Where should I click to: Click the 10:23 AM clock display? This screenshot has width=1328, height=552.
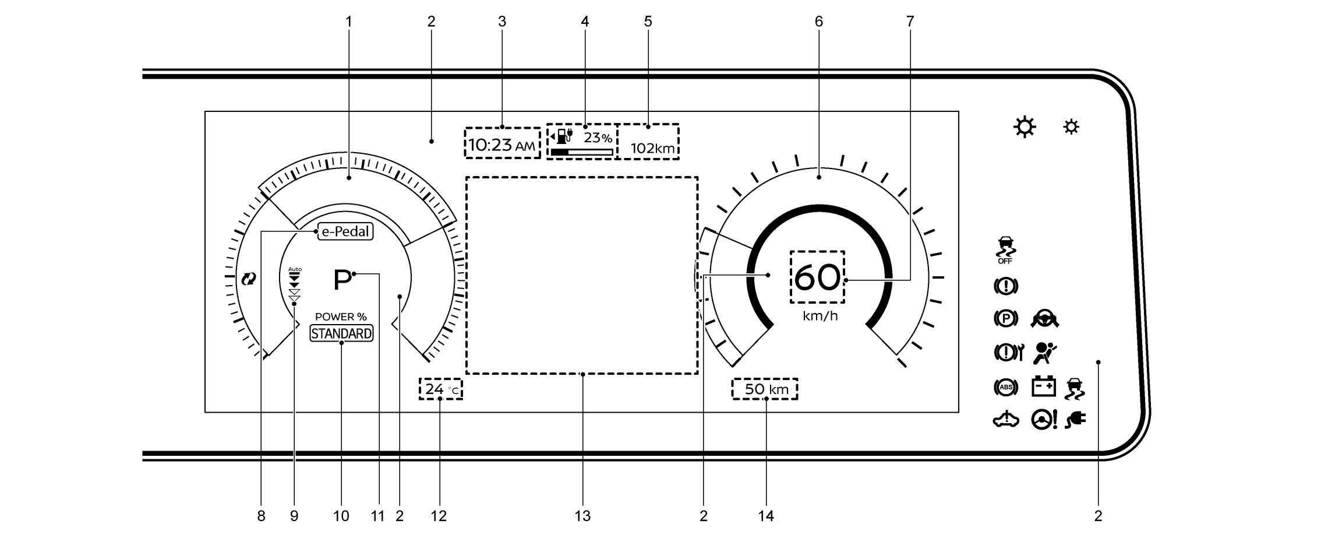(x=501, y=145)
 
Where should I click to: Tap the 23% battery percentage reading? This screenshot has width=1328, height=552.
(x=598, y=138)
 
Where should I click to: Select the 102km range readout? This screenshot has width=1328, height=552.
(x=652, y=148)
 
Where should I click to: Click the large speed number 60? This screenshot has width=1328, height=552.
(x=817, y=277)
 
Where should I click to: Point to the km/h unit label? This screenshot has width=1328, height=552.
(x=820, y=316)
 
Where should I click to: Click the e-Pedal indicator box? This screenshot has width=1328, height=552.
(x=345, y=231)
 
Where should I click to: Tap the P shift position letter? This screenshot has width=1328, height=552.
(x=342, y=280)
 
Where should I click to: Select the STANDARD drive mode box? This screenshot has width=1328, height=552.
(x=341, y=333)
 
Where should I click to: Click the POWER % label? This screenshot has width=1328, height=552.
(x=341, y=317)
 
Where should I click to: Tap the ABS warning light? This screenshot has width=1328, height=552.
(x=1006, y=386)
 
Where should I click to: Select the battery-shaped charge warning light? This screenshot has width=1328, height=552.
(x=1043, y=386)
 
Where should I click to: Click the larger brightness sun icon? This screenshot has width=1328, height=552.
(x=1025, y=127)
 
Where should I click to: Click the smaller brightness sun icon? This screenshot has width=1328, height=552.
(x=1071, y=127)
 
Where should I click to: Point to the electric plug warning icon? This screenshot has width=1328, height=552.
(x=1075, y=420)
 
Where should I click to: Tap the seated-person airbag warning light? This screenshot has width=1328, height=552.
(x=1045, y=352)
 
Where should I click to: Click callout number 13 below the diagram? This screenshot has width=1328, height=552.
(x=582, y=516)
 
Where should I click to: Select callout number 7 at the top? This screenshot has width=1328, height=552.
(x=910, y=22)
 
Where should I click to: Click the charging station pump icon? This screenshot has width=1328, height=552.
(x=562, y=136)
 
